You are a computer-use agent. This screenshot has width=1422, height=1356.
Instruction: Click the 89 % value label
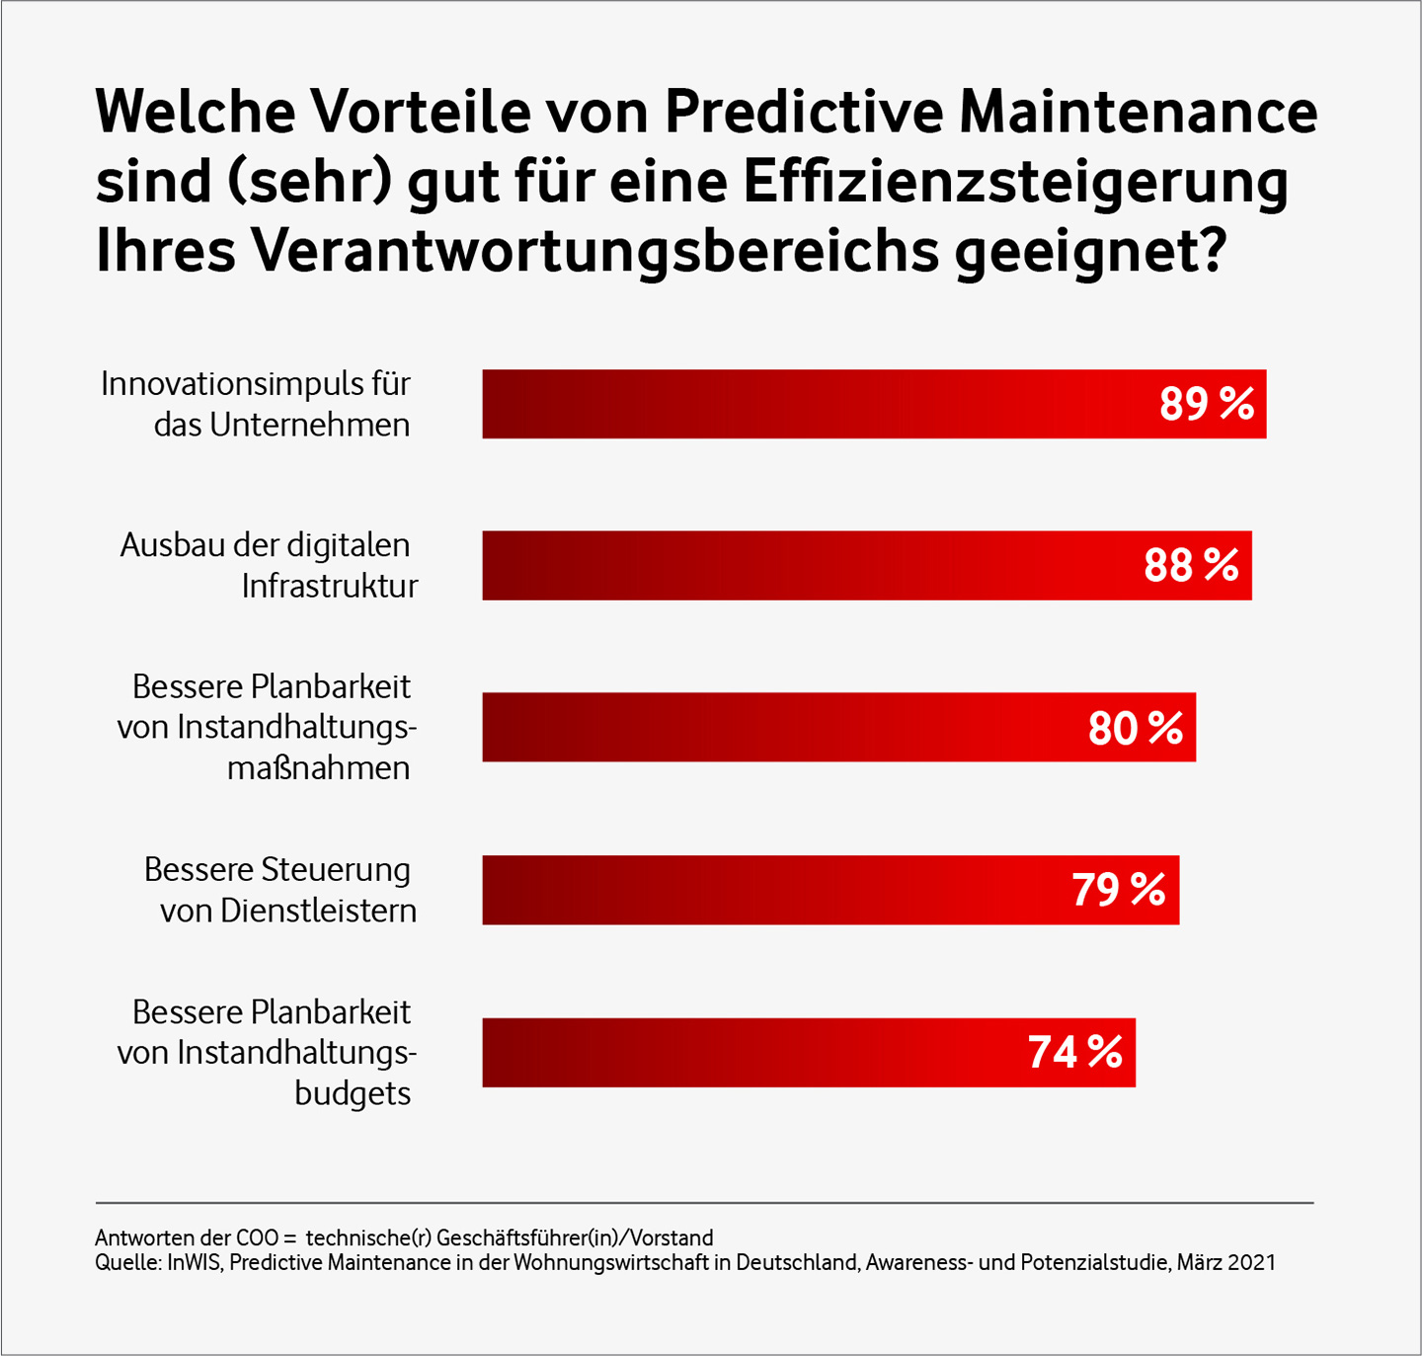(x=1206, y=404)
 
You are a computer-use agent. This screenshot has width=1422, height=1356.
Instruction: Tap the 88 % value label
(x=1191, y=566)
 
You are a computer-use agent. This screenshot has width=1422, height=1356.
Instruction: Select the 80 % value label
(x=1135, y=728)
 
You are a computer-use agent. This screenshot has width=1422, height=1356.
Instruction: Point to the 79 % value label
(x=1118, y=890)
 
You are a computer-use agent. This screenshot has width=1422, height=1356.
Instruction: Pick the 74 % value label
(x=1074, y=1052)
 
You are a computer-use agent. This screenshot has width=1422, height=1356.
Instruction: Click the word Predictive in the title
(x=804, y=111)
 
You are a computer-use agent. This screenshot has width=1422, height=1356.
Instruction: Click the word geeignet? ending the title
(x=1090, y=253)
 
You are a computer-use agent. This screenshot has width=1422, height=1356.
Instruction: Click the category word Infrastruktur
(x=329, y=587)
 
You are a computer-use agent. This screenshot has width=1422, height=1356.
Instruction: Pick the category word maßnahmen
(x=318, y=768)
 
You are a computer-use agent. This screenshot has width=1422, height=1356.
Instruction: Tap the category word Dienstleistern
(x=318, y=911)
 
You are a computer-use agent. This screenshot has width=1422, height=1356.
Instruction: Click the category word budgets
(x=353, y=1094)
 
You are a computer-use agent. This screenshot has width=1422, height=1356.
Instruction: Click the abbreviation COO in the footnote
(x=257, y=1237)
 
